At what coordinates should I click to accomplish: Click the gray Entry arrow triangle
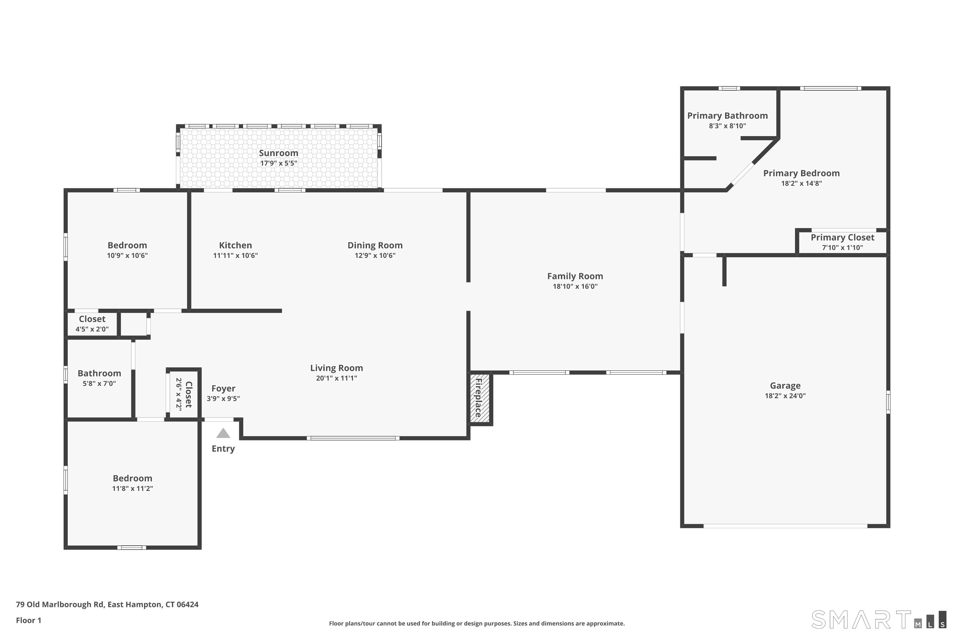click(x=223, y=434)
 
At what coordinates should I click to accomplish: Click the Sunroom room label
click(x=278, y=153)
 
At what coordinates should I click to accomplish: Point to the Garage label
click(x=785, y=386)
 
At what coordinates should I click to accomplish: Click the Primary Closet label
click(x=842, y=238)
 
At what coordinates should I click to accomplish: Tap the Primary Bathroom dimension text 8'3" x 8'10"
click(x=727, y=126)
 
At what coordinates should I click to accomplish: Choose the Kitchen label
click(x=235, y=245)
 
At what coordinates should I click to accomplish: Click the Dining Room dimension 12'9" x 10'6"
click(x=375, y=256)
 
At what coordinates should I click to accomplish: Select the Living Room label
click(x=336, y=368)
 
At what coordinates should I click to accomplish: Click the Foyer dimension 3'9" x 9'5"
click(x=223, y=399)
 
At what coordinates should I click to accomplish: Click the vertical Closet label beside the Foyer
click(x=189, y=394)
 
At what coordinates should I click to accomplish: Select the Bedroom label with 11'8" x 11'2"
click(x=132, y=478)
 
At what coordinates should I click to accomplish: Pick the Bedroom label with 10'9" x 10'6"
click(x=127, y=245)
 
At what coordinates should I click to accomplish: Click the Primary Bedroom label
click(x=801, y=173)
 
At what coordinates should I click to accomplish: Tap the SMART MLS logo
click(x=878, y=619)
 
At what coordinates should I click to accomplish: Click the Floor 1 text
click(x=28, y=620)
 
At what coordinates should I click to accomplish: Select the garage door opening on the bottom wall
click(x=785, y=526)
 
